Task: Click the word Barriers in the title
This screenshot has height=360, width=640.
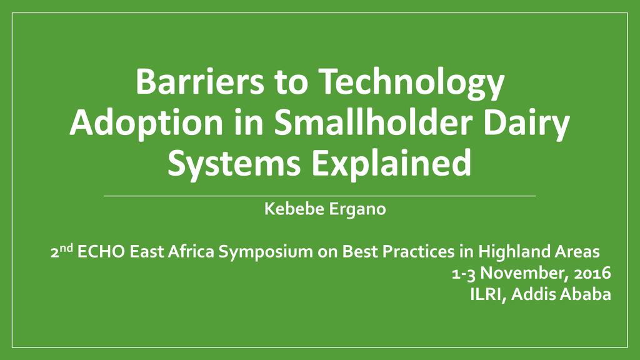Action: pos(200,81)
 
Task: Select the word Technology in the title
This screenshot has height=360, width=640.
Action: pos(411,83)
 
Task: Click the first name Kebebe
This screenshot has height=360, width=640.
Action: pos(294,209)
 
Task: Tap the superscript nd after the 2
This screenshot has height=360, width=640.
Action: pos(67,247)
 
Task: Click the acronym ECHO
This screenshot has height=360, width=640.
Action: pos(101,251)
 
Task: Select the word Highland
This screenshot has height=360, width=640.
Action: pos(514,252)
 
